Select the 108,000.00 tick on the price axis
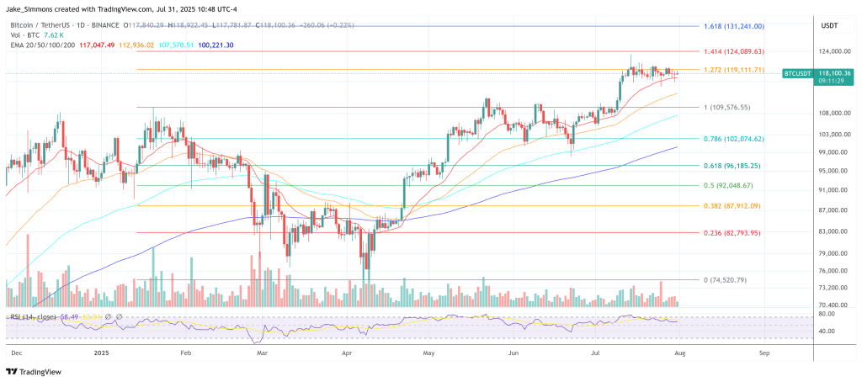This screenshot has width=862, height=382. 834,113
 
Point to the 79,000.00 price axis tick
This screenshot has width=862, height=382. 834,253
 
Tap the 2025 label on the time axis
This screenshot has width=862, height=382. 102,353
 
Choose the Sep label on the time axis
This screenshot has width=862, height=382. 764,353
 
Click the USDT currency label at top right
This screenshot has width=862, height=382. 830,24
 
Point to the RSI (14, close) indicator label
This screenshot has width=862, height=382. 33,316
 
